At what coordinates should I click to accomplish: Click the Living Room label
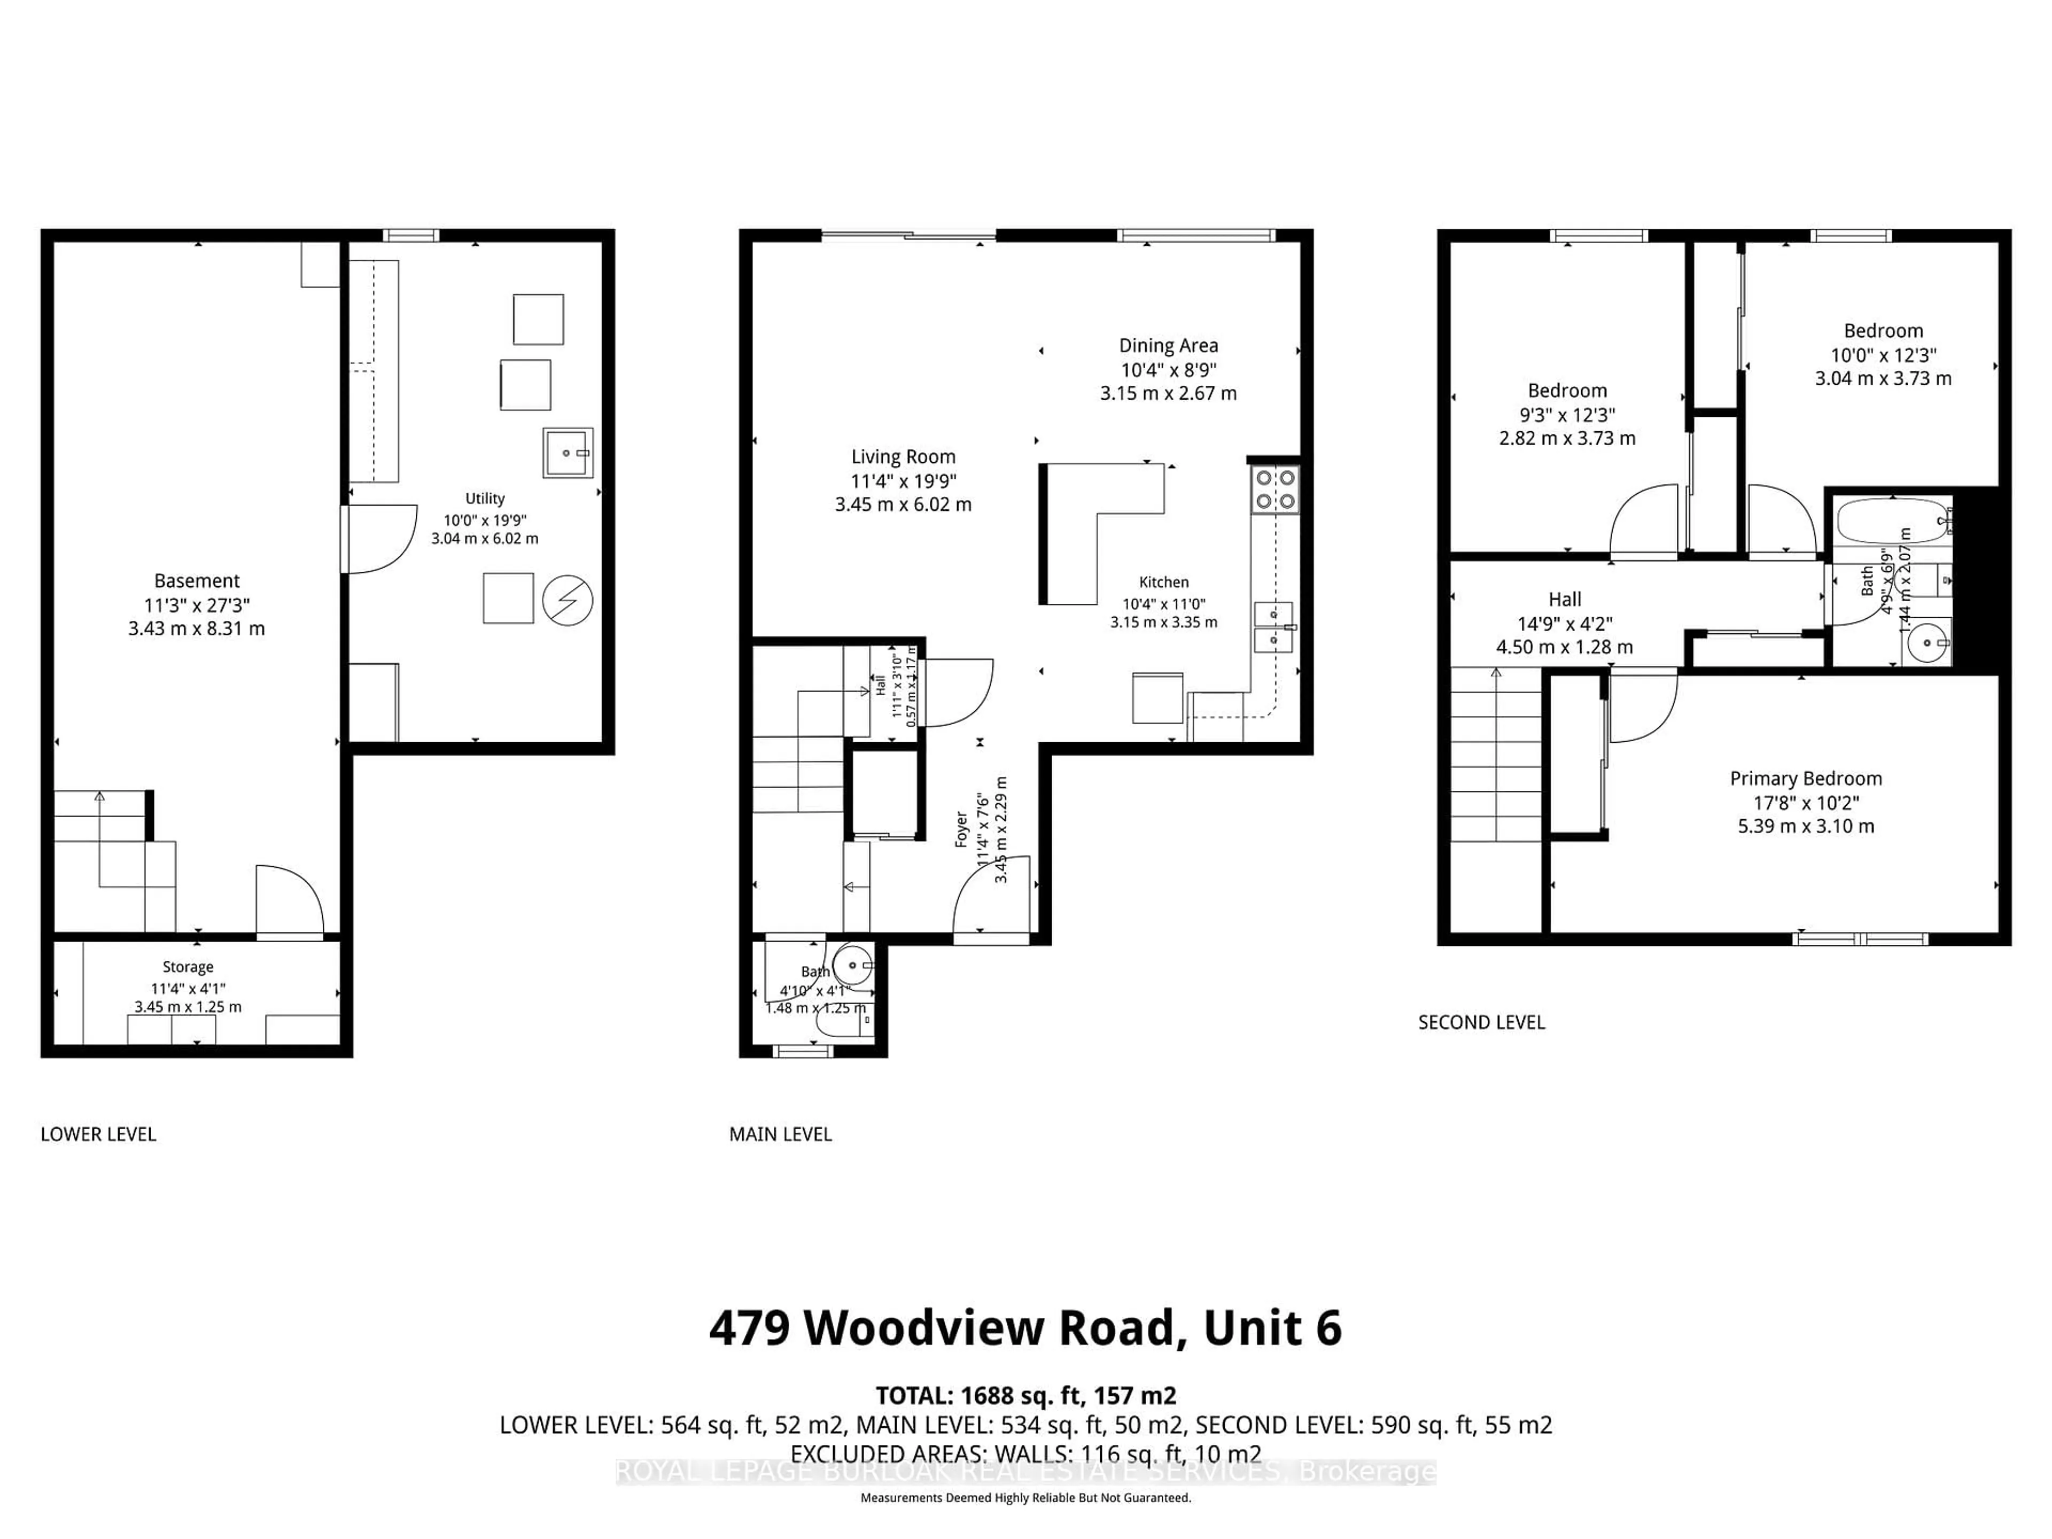[903, 456]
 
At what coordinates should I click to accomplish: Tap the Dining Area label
[1168, 345]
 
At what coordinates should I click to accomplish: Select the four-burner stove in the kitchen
[1274, 490]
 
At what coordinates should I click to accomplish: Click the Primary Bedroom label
[1805, 778]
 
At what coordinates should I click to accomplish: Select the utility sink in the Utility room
[567, 453]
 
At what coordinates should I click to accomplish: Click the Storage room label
[188, 967]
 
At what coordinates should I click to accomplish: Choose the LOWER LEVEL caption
[98, 1133]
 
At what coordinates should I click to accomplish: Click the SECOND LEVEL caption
[1481, 1022]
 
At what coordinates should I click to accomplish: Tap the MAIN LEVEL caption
[780, 1133]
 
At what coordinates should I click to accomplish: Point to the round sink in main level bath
[852, 966]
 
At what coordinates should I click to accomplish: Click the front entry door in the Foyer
[991, 898]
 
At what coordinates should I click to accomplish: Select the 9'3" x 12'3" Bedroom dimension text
[1567, 415]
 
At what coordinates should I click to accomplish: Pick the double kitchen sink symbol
[1274, 627]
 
